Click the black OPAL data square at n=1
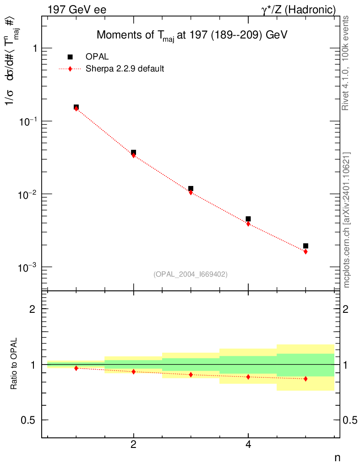click(76, 107)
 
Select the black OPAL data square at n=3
click(191, 188)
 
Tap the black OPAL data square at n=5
click(305, 246)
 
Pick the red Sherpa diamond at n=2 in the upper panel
click(133, 155)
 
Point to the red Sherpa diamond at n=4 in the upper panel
click(248, 224)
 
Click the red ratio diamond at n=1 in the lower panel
click(76, 368)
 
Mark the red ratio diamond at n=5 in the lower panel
click(305, 379)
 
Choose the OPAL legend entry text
click(97, 57)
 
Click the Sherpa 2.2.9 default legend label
click(125, 69)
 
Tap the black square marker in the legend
click(70, 57)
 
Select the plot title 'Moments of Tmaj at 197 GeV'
click(191, 36)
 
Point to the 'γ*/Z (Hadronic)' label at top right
click(298, 10)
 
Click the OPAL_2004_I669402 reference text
click(191, 274)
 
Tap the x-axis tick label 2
click(133, 444)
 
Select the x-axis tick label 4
click(248, 444)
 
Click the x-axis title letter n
click(337, 457)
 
